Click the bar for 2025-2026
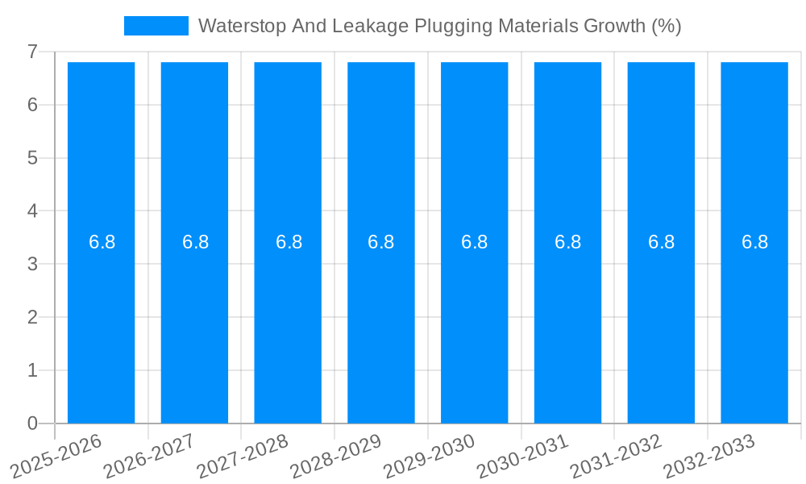[101, 242]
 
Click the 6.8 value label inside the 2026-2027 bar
[195, 242]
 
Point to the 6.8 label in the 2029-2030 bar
[475, 242]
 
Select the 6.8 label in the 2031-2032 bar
[661, 242]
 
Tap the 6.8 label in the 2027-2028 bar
[289, 242]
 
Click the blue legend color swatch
[156, 26]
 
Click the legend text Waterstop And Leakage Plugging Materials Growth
[439, 26]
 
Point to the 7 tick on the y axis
[32, 52]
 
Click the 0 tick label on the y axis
[32, 423]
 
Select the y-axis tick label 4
[32, 211]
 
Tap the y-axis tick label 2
[32, 318]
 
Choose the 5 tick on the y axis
[32, 158]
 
